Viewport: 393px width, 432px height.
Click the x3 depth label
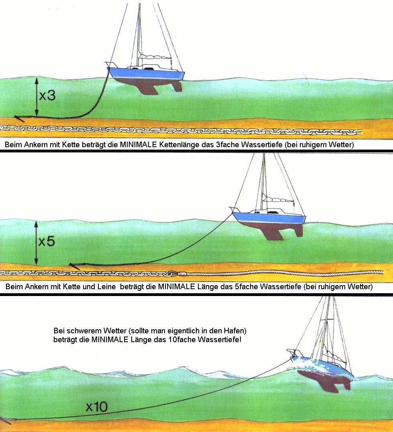coord(47,96)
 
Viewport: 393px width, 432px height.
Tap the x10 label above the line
coord(96,407)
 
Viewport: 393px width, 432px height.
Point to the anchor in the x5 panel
coord(74,265)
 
